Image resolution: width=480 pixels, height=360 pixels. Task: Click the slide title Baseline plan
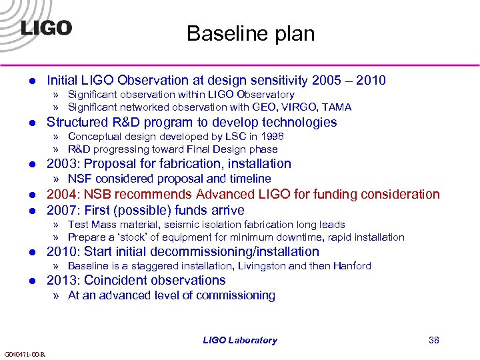(250, 33)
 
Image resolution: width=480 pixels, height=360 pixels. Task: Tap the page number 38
(434, 340)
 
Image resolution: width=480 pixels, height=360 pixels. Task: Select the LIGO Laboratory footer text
(240, 340)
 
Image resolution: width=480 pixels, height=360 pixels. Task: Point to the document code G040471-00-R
(25, 354)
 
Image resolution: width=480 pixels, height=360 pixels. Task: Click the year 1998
(271, 137)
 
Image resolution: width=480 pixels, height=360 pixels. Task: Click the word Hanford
(352, 266)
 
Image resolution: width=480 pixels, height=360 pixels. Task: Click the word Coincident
(115, 281)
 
